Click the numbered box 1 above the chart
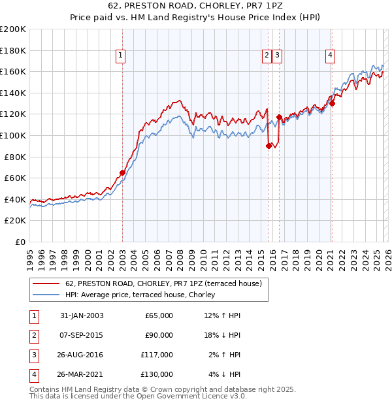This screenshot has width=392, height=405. click(x=122, y=56)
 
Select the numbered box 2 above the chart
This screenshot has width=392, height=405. click(x=267, y=56)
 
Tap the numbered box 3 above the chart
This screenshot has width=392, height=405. click(x=278, y=56)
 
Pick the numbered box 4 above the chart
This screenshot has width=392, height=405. click(x=331, y=56)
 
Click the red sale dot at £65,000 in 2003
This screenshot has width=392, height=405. click(x=122, y=172)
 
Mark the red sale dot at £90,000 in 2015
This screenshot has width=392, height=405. click(x=269, y=146)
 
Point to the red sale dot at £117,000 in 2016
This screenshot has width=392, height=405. click(x=279, y=118)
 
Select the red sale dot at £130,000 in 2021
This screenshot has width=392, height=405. click(x=332, y=103)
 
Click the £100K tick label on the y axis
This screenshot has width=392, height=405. click(x=13, y=135)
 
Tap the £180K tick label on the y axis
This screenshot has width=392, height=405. click(x=13, y=50)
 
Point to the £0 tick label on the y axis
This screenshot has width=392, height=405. click(x=20, y=242)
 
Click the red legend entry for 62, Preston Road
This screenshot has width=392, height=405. click(x=163, y=283)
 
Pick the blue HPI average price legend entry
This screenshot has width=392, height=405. click(x=144, y=295)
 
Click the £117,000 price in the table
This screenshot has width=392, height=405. click(x=159, y=355)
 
